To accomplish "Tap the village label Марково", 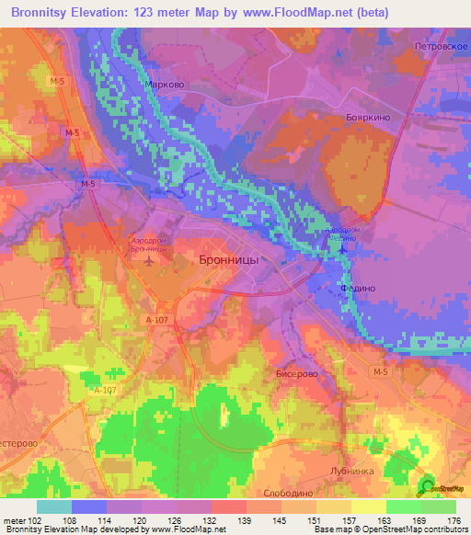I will [165, 85].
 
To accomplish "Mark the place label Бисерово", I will [295, 375].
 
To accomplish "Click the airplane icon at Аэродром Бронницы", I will [151, 261].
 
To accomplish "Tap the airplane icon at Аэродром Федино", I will [342, 247].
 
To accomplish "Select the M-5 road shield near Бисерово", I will [381, 370].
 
